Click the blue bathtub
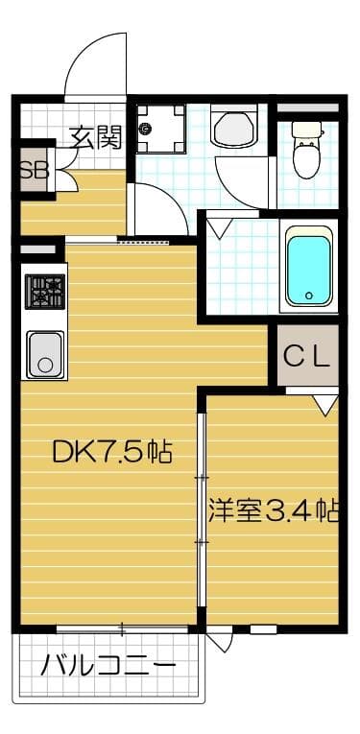(x=308, y=266)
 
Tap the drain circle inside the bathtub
(x=309, y=296)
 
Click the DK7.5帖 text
(x=109, y=452)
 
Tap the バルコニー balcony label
(x=108, y=665)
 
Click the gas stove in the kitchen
(x=44, y=291)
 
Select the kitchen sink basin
(x=44, y=353)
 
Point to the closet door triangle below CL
(x=325, y=405)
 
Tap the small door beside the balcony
(x=218, y=640)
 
